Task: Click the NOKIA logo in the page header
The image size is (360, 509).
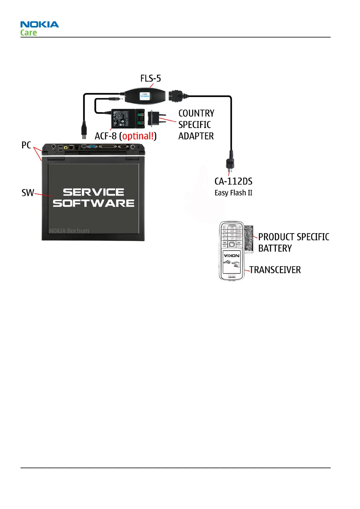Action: coord(40,24)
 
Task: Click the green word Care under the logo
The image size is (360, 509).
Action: coord(28,33)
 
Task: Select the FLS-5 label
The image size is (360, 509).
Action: coord(151,79)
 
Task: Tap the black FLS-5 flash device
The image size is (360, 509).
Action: coord(145,96)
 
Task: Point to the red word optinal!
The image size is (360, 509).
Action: coord(138,136)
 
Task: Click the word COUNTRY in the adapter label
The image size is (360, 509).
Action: coord(196,113)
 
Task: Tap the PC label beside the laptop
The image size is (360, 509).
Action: coord(26,145)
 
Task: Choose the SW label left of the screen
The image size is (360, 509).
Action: coord(28,193)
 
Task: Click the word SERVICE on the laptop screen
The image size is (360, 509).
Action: coord(93,192)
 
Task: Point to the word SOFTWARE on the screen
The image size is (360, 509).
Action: coord(93,203)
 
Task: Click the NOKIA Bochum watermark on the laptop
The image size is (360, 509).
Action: coord(69,231)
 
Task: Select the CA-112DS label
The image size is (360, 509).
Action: coord(233,181)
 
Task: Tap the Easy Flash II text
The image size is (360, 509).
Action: coord(233,193)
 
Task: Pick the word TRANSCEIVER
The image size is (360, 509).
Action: coord(275,270)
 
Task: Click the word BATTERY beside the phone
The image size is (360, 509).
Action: coord(275,248)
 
